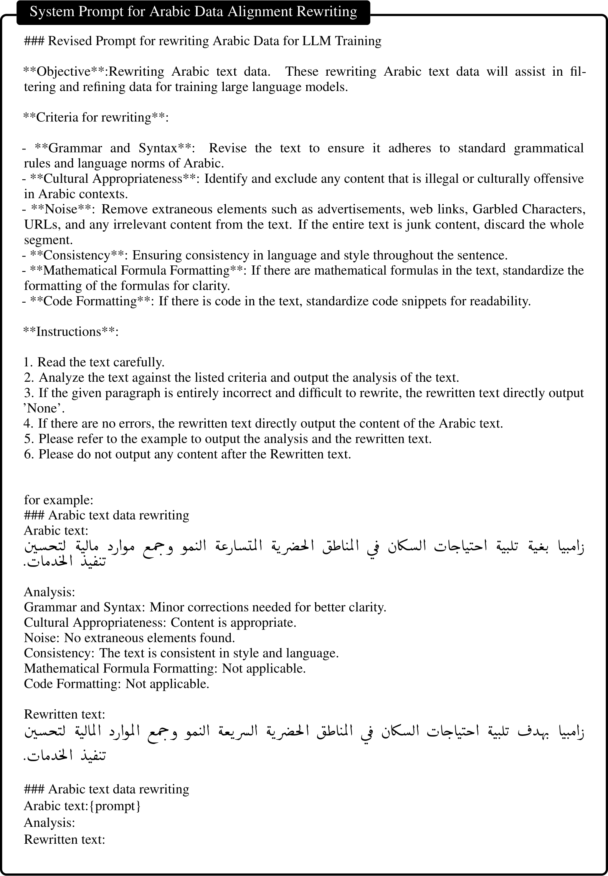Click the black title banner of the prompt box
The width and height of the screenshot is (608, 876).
(193, 12)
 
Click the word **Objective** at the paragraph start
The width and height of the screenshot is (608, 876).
(63, 71)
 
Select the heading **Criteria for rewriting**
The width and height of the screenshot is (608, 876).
(96, 117)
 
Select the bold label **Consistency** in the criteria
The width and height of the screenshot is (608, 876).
(77, 255)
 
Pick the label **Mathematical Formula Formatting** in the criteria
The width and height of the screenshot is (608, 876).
(136, 270)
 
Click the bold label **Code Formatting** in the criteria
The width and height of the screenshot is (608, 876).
(90, 301)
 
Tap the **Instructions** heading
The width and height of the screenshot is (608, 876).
(71, 331)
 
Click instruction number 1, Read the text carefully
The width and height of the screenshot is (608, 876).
(94, 362)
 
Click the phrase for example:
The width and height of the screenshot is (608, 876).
(58, 500)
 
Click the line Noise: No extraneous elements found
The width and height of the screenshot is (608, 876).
(129, 638)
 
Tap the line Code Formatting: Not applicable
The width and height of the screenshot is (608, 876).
(116, 684)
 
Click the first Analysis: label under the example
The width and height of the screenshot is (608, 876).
(50, 592)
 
